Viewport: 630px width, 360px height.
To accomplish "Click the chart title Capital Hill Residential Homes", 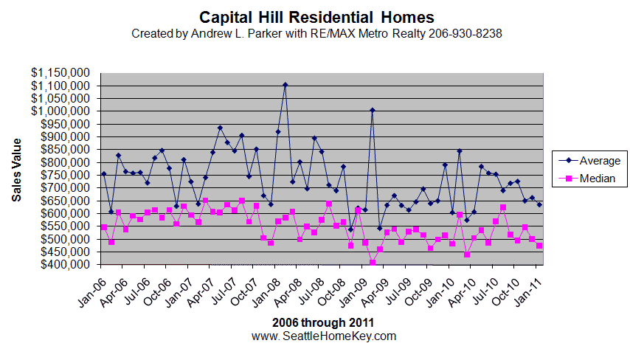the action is click(316, 18).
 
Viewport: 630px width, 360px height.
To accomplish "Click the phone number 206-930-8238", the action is click(465, 34).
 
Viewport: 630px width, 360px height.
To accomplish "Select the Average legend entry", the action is click(589, 161).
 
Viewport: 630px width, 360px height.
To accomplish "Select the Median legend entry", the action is click(587, 179).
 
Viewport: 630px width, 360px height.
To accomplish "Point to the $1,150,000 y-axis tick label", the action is click(60, 73).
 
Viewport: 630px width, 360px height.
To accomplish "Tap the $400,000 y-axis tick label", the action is click(65, 265).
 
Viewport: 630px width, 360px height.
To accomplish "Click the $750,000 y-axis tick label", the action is click(65, 175).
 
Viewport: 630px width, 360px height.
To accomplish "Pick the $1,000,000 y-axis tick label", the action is click(60, 111).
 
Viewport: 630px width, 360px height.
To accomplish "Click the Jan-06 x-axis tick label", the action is click(93, 293).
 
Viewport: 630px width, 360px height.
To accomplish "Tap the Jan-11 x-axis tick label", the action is click(528, 293).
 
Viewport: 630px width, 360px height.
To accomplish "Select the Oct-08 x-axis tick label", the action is click(332, 293).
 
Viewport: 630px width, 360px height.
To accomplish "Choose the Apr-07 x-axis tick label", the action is click(202, 293).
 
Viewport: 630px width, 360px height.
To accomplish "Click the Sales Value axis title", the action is click(16, 170).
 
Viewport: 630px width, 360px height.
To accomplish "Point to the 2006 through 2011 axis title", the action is click(323, 322).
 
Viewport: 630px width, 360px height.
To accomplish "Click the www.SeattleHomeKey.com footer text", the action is click(324, 336).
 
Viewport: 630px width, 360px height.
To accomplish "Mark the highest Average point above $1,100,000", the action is click(285, 85).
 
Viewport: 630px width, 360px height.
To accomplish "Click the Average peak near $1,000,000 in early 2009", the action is click(373, 110).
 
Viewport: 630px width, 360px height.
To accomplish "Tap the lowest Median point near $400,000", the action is click(373, 263).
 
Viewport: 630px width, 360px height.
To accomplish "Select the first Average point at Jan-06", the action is click(104, 174).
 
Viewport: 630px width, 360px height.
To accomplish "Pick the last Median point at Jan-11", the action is click(539, 246).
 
